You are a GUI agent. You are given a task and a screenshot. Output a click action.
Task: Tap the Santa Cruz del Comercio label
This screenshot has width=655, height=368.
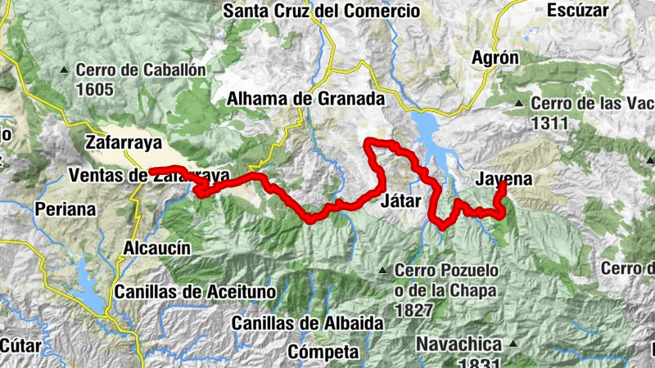(x=321, y=11)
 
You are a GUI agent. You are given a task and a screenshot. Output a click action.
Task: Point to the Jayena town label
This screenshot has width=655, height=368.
(x=503, y=180)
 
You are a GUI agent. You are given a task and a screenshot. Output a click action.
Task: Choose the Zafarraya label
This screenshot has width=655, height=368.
(x=124, y=141)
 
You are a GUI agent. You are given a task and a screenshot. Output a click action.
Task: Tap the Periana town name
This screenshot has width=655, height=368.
(x=65, y=209)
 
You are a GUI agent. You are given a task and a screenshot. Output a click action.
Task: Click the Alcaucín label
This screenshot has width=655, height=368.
(x=156, y=248)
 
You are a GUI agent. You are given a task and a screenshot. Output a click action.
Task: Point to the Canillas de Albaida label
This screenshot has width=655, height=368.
(x=308, y=323)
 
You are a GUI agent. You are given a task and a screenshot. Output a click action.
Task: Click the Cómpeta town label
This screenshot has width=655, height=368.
(x=323, y=352)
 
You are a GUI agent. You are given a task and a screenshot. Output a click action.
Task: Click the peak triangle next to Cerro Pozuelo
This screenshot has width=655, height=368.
(x=382, y=270)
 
